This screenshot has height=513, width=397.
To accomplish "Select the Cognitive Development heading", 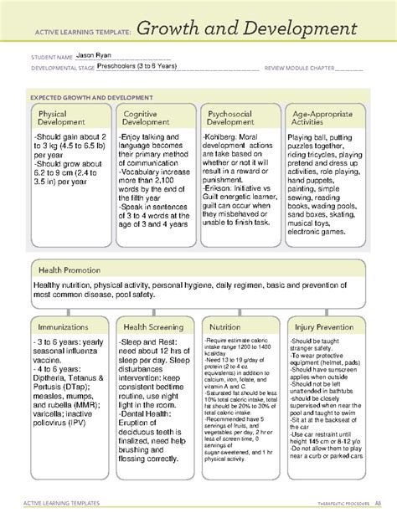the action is tap(147, 118).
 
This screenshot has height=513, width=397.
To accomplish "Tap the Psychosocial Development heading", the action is tap(232, 118).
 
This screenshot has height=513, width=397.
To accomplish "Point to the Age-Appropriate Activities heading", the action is tap(319, 118).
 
